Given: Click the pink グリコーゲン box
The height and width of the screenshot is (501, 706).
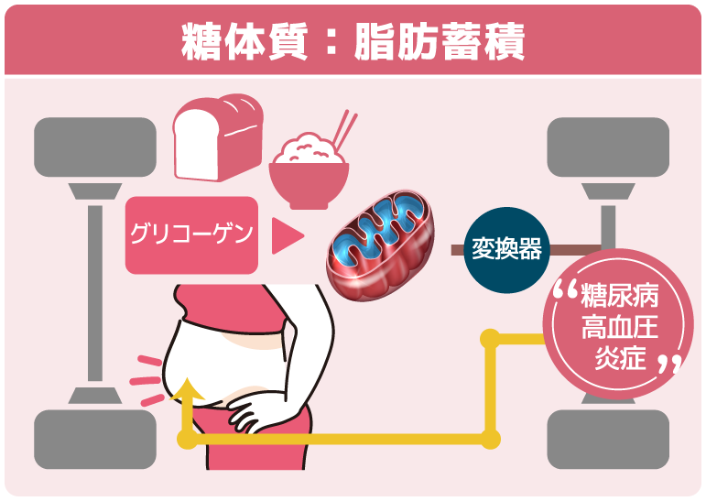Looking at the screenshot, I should (x=190, y=235).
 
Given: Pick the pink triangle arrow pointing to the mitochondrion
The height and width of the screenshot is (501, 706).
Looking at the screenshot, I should (x=288, y=235).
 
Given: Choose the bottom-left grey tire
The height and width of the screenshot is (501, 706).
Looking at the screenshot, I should (x=94, y=439).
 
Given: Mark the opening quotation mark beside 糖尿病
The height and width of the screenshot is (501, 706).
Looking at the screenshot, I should (x=566, y=292).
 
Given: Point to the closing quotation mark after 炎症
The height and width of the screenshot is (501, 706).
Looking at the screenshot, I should (x=670, y=365).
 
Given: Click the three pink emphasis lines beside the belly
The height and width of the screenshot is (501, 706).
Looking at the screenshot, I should (x=146, y=377).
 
